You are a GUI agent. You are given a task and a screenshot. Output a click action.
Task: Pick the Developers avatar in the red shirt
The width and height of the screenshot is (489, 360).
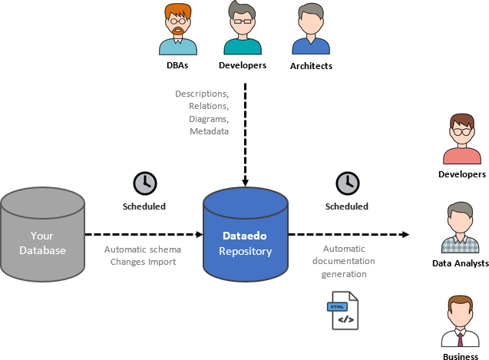[461, 140]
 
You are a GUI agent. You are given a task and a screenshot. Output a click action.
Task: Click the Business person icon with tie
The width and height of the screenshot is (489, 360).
[461, 322]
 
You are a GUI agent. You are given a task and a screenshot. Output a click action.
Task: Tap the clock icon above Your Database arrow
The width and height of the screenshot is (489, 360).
[144, 183]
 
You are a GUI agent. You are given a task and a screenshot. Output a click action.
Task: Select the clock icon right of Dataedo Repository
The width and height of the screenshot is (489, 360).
[347, 183]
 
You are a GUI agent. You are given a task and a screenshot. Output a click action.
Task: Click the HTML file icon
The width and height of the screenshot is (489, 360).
[344, 310]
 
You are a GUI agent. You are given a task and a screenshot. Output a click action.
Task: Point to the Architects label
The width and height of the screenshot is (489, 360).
[311, 66]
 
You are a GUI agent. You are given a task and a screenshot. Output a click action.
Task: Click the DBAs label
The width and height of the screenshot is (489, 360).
[177, 65]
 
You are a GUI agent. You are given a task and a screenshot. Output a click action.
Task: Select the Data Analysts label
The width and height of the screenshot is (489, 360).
[461, 263]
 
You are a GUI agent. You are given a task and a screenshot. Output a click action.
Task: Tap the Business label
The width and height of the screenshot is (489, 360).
[461, 357]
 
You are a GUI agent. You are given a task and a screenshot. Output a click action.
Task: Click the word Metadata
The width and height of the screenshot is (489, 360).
[209, 132]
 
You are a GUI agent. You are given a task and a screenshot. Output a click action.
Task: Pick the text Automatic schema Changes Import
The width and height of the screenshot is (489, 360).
[143, 256]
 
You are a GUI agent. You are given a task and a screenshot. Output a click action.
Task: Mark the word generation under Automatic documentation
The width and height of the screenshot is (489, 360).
[345, 274]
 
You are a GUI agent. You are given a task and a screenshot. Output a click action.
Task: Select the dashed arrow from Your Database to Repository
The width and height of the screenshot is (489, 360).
[142, 234]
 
